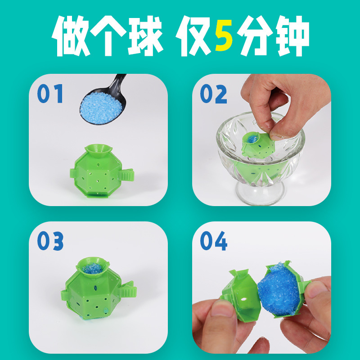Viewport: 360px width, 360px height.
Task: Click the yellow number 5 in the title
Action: [221, 36]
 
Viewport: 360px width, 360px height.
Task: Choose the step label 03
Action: [50, 241]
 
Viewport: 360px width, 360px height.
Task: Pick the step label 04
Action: [214, 241]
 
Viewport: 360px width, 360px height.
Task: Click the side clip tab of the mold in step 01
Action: [127, 173]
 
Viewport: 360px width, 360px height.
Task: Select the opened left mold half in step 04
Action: [243, 292]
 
